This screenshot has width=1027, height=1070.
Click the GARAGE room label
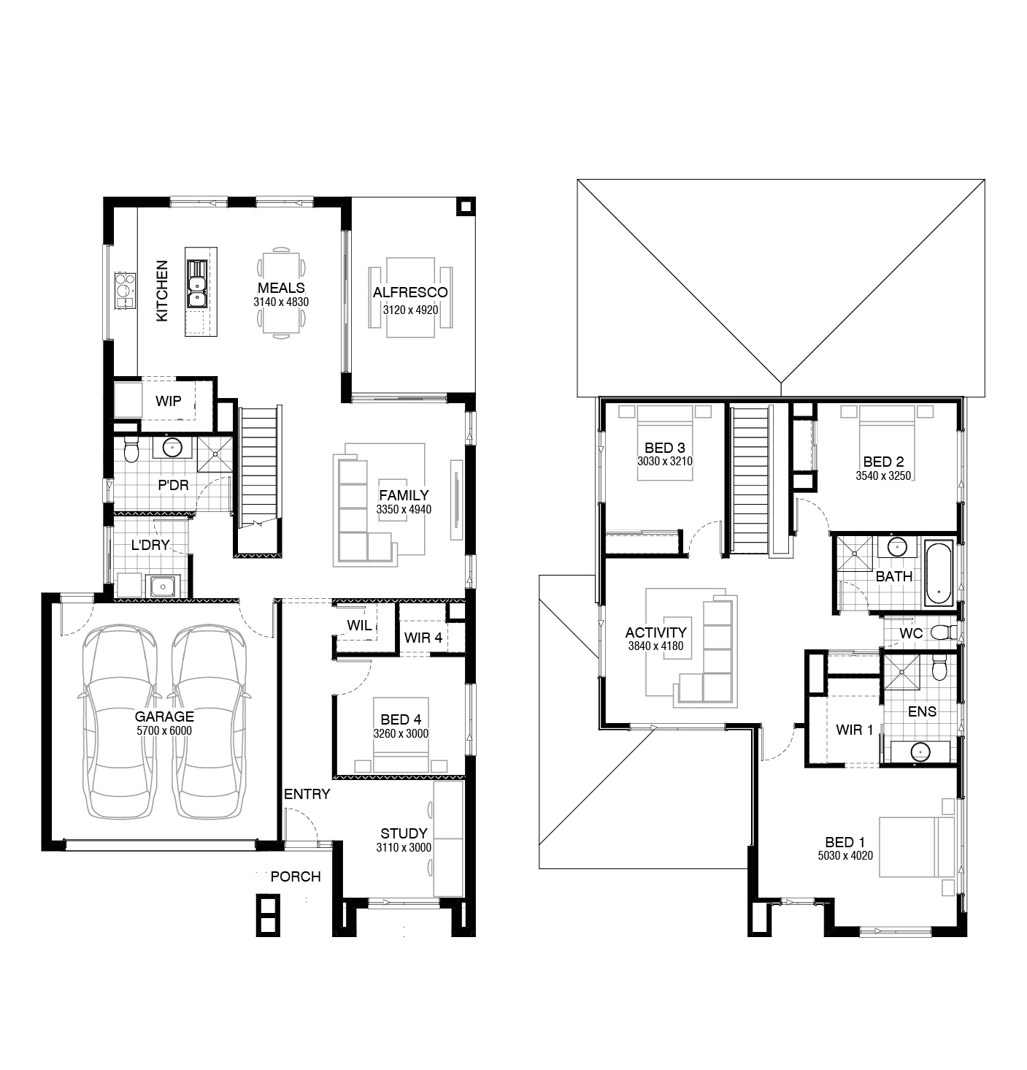164,716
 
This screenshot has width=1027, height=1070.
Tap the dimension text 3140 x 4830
281,302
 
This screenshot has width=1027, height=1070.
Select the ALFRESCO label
410,293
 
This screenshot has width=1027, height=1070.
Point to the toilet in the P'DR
131,449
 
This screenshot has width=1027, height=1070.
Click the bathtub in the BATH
939,573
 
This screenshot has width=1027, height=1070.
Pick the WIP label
168,401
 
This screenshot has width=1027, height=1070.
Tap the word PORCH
296,876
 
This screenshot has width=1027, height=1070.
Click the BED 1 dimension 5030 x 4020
845,855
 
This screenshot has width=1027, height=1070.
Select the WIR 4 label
423,638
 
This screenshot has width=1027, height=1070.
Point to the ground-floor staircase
259,481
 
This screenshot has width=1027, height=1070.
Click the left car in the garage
120,722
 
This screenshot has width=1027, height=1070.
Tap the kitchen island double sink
196,283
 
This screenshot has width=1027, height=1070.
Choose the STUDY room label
404,833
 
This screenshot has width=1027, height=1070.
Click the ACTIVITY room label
655,633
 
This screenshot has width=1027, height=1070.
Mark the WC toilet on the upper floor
944,633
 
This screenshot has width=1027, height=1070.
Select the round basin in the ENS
920,751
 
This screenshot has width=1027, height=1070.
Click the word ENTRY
307,794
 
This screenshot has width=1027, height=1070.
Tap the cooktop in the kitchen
124,290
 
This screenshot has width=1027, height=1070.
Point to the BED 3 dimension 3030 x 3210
665,462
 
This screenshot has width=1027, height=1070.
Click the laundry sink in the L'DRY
163,586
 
